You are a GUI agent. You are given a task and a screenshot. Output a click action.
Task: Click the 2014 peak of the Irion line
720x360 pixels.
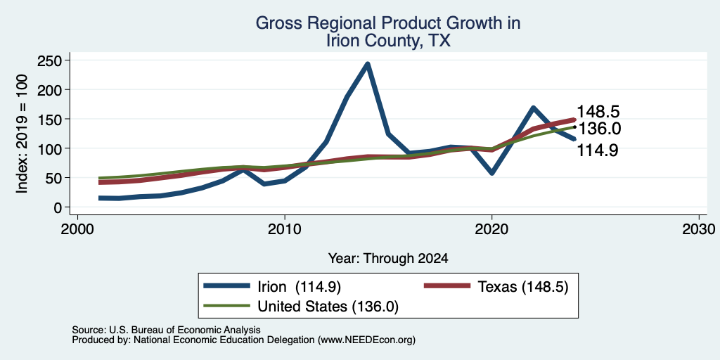tap(367, 64)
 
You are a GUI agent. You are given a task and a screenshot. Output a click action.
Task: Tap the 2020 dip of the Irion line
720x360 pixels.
tap(491, 173)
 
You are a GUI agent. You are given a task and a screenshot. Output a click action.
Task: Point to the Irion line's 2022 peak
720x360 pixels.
tap(533, 108)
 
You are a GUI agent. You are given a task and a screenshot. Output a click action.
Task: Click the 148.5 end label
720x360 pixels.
tap(598, 112)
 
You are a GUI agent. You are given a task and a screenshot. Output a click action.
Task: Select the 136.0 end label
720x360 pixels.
tap(599, 129)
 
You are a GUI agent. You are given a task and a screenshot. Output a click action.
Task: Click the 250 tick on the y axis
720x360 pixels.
tap(51, 60)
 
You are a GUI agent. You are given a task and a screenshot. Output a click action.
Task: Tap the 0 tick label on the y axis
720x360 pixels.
tap(58, 207)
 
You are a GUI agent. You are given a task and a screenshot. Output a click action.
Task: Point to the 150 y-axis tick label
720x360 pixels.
tap(51, 119)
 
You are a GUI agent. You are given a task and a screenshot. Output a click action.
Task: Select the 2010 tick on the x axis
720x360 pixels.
tap(285, 228)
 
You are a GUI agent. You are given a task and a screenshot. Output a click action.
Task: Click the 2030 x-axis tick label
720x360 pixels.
tap(699, 228)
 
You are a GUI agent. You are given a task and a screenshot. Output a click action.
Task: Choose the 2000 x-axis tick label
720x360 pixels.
tap(77, 228)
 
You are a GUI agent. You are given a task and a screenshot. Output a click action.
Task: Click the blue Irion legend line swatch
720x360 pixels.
tap(227, 286)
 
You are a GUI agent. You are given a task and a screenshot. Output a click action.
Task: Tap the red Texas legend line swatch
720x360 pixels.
tap(446, 286)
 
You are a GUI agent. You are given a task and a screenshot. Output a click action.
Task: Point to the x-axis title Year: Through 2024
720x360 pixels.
tap(388, 259)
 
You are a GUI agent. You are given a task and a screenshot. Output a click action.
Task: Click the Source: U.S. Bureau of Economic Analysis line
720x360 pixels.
tap(166, 330)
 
